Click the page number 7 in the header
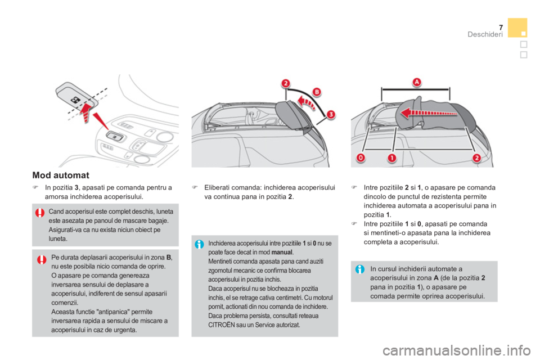(x=501, y=28)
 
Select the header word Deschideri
(x=485, y=34)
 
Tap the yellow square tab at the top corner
(x=517, y=28)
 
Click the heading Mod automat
(x=61, y=175)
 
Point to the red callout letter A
(x=417, y=82)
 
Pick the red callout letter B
(x=317, y=92)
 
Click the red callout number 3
(x=331, y=114)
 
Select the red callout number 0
(x=361, y=158)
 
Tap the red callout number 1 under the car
(x=392, y=158)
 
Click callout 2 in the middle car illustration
(x=286, y=83)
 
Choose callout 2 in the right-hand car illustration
(x=476, y=158)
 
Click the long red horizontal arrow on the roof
(x=429, y=112)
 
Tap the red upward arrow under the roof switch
(x=85, y=111)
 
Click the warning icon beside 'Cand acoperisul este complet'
(x=39, y=213)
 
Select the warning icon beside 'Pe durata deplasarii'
(x=42, y=259)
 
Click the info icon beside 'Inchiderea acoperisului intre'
(x=199, y=244)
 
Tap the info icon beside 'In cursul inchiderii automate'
(x=360, y=269)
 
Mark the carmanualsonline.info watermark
(x=457, y=350)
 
